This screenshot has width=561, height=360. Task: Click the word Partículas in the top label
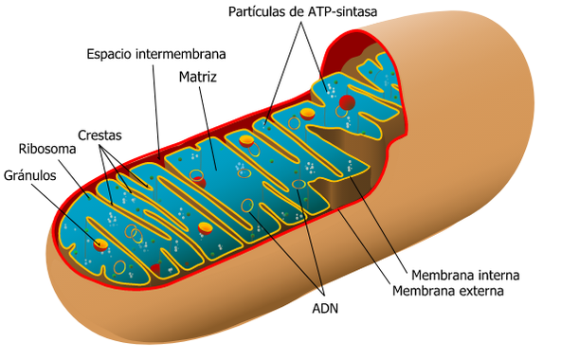click(x=262, y=11)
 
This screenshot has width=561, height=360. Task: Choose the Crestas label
click(x=99, y=135)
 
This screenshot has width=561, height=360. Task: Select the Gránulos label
click(x=30, y=175)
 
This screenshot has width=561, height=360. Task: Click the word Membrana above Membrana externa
click(x=431, y=275)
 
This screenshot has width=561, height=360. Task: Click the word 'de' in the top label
click(x=298, y=11)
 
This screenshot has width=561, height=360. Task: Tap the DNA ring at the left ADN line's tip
click(x=250, y=206)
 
